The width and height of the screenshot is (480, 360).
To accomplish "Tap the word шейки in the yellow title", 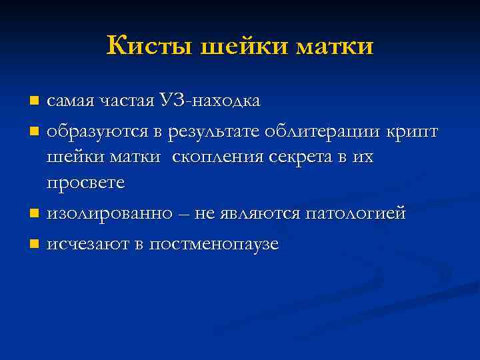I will pyautogui.click(x=229, y=47).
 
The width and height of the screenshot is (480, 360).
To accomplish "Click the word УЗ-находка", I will pyautogui.click(x=210, y=101).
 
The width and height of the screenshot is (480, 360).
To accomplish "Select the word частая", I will pyautogui.click(x=127, y=101).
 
